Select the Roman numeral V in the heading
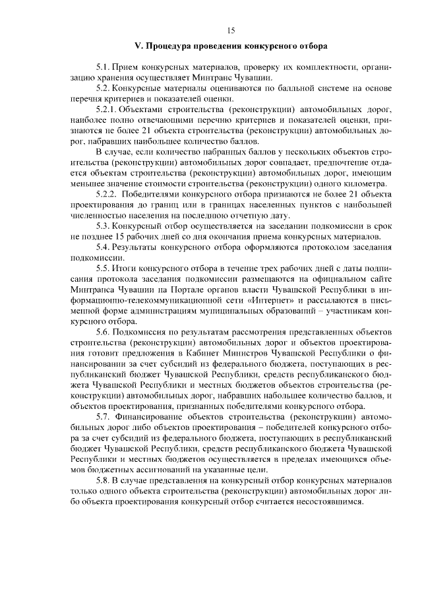[137, 47]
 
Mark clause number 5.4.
[102, 247]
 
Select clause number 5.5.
[102, 268]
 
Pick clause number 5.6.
[102, 332]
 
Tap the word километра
[368, 183]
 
